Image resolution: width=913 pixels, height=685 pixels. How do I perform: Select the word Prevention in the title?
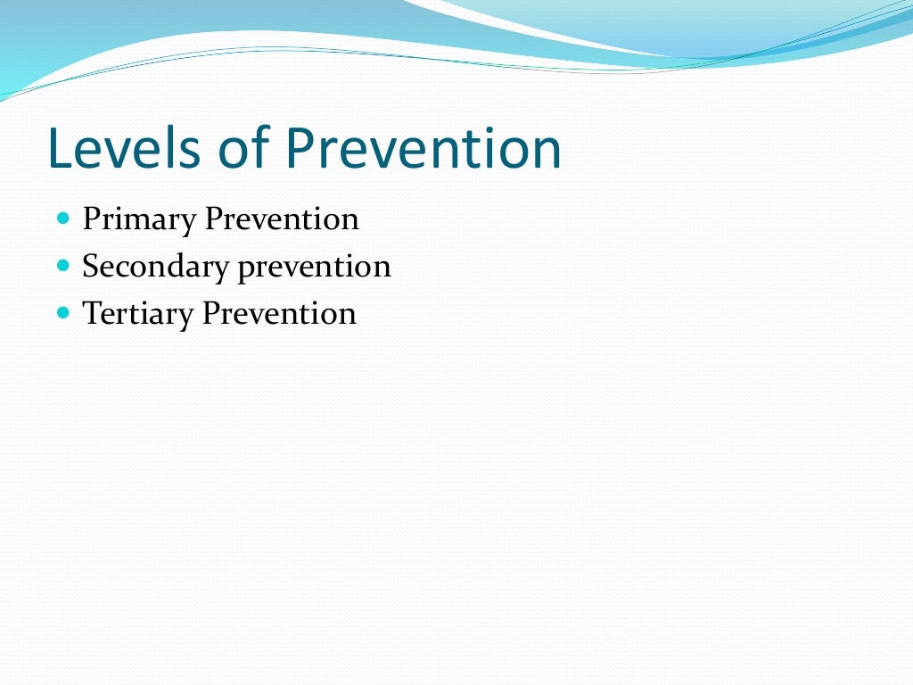tap(424, 149)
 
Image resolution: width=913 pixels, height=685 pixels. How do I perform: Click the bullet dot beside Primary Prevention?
tap(62, 218)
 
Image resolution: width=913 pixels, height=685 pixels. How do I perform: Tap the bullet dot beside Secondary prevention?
tap(62, 265)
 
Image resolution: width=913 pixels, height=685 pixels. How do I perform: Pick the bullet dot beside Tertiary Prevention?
tap(62, 312)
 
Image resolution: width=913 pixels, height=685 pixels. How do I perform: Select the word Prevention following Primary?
tap(282, 219)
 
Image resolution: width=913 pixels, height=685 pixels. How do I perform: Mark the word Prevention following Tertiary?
tap(279, 314)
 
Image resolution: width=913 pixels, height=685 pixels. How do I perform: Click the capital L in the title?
tap(59, 149)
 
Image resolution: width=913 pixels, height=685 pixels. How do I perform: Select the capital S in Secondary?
tap(90, 267)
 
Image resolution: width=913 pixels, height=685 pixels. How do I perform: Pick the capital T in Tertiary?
tap(91, 314)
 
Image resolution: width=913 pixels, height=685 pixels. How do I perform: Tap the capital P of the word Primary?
tap(91, 219)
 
